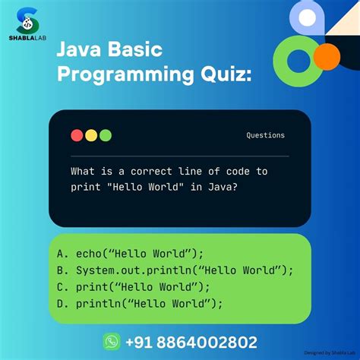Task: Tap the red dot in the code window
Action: click(x=77, y=135)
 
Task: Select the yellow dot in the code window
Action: click(x=91, y=135)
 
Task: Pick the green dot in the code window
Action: click(x=105, y=135)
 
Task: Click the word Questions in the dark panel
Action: click(x=265, y=135)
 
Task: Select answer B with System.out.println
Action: click(x=174, y=271)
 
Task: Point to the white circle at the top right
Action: click(x=307, y=17)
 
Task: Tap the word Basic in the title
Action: click(x=137, y=51)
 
